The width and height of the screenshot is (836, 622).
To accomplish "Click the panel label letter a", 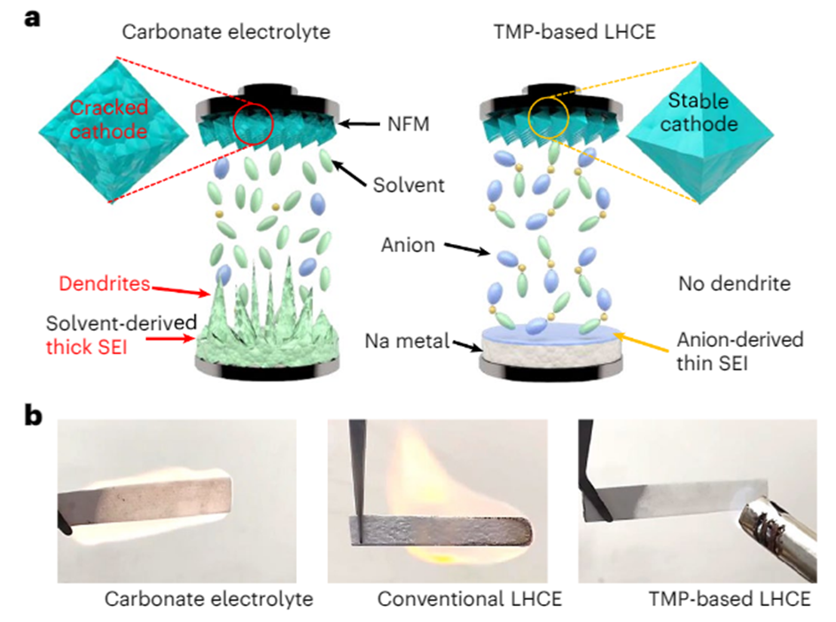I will point(35,18).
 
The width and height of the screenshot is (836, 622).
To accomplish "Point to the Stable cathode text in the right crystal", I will point(703,114).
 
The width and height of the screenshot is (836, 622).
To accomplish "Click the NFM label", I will point(409,125).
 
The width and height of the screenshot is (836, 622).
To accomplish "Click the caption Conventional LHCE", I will point(471,599).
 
